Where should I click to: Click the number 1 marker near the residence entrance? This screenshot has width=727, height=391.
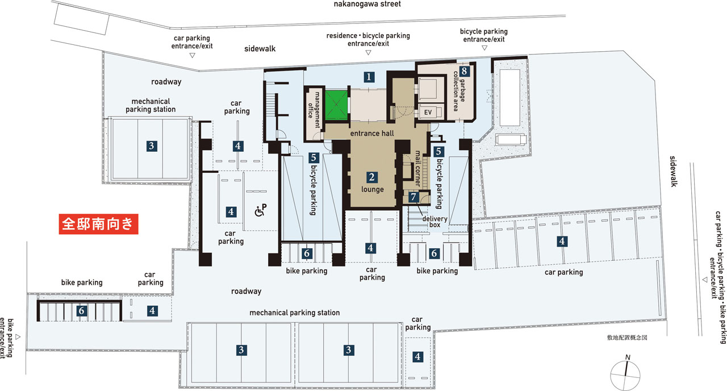point(369,77)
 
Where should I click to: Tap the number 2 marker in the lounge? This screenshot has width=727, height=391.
point(371,177)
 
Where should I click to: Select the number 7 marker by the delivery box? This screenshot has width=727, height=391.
point(413,197)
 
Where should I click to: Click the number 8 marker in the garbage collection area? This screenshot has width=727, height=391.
point(464,71)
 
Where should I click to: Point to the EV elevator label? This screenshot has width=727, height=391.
point(428,113)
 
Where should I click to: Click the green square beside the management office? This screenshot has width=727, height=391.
point(336,105)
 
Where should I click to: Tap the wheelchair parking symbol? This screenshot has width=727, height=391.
point(260,210)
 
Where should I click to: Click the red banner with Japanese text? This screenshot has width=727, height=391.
point(99,224)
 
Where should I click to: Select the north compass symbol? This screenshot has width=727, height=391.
point(625,373)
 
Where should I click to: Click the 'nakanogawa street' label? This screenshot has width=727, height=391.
point(367,4)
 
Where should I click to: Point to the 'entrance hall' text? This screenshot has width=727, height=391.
point(372,133)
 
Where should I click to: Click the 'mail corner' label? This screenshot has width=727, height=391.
point(418,168)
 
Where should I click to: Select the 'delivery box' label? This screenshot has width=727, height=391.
point(435,222)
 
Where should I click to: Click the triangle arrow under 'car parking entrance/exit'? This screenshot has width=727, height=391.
point(192,56)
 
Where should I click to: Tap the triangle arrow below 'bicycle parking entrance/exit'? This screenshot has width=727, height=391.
point(484,48)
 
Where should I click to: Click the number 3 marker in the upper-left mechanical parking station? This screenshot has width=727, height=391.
point(152,146)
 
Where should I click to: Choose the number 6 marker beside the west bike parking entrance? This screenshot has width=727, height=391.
point(81,311)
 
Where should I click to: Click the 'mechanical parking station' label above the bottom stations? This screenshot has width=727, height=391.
point(294,313)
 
